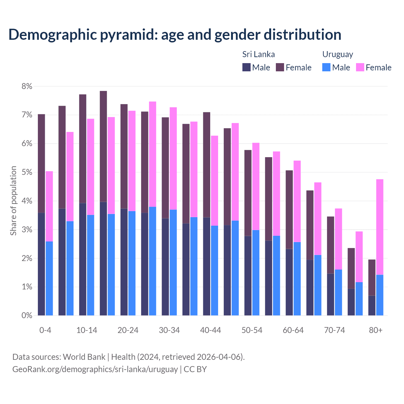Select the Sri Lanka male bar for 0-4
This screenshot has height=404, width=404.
(41, 264)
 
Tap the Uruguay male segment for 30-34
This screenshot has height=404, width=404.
(173, 262)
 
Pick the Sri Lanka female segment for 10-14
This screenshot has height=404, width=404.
(83, 149)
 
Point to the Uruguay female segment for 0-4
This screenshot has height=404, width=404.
(49, 206)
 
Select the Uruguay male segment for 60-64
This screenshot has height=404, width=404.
(297, 279)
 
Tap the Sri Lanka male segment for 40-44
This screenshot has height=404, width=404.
(207, 266)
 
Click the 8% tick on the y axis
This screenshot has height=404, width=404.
(27, 86)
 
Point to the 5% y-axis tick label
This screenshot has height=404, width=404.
(27, 172)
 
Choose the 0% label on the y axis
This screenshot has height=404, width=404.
(27, 315)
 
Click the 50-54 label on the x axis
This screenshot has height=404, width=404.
(252, 330)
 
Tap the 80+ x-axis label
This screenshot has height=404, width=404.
(376, 330)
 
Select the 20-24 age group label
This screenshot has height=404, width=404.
(128, 330)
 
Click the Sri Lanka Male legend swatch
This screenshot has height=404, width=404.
(247, 67)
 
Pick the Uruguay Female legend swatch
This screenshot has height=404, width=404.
(360, 67)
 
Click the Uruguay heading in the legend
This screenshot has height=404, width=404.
(337, 54)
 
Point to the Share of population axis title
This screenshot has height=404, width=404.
(14, 201)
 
